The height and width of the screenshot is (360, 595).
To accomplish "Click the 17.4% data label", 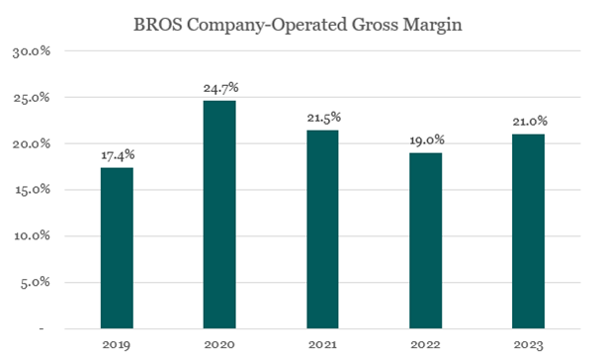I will (x=117, y=155).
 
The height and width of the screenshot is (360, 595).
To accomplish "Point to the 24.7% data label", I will (x=219, y=88).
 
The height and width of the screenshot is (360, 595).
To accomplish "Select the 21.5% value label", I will (x=322, y=118).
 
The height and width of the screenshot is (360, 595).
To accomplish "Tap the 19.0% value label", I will (x=425, y=140).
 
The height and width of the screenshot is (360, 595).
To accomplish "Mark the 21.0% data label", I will (x=528, y=122).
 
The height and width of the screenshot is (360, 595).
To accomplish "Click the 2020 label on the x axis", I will (x=219, y=344).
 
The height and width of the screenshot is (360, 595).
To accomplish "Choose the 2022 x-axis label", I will (x=425, y=344).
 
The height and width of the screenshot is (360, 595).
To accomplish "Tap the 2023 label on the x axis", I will (x=528, y=344).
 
